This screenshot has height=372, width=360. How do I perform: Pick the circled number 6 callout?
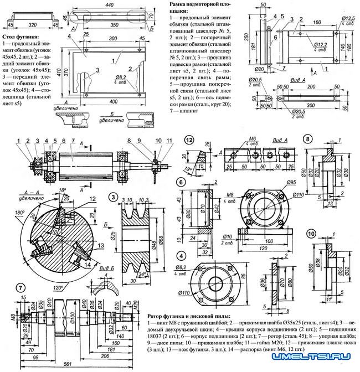[181, 181]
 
